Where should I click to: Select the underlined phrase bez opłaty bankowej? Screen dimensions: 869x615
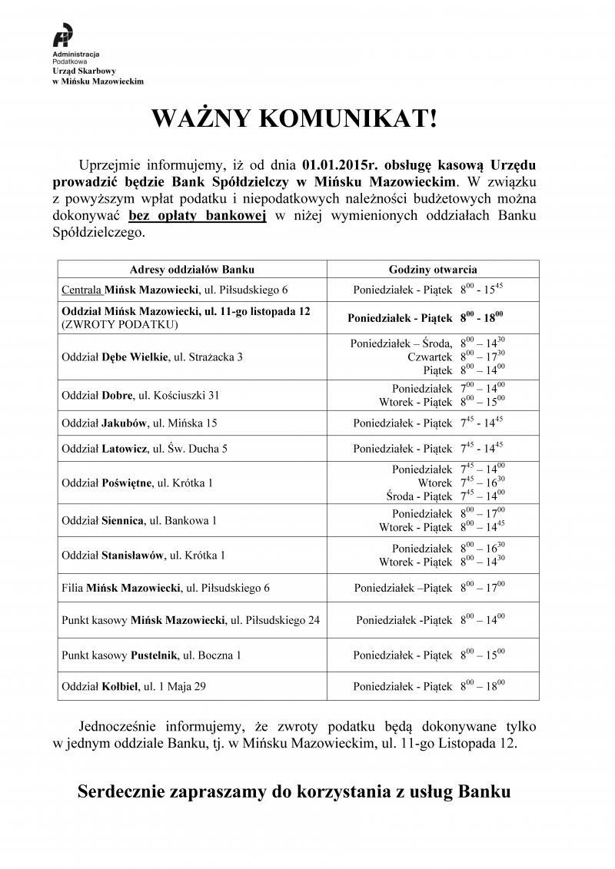(197, 216)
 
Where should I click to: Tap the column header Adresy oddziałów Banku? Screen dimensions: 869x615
(192, 270)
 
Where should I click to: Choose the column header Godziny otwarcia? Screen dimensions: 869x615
(433, 270)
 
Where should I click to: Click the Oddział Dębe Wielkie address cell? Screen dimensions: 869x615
(151, 357)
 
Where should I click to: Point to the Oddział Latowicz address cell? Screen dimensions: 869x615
(144, 448)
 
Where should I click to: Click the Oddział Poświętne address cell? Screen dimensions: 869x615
(137, 483)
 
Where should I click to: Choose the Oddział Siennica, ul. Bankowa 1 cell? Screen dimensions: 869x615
(138, 520)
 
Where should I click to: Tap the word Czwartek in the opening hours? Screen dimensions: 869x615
(431, 357)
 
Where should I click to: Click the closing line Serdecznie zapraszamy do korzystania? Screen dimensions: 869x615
(294, 791)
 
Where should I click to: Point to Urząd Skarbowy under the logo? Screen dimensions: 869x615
(79, 71)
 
